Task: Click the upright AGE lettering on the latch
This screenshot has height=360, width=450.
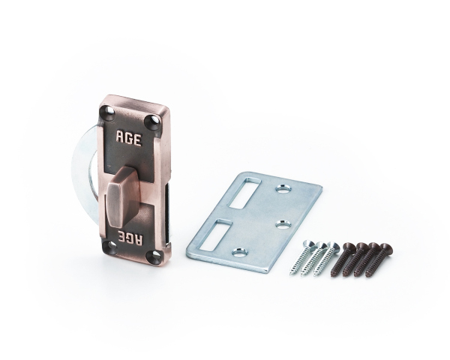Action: coord(128,138)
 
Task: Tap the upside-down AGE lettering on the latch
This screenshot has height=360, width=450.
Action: coord(130,237)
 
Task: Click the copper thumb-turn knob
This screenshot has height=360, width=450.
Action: coord(119,197)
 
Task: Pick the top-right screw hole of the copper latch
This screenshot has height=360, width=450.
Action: coord(153,121)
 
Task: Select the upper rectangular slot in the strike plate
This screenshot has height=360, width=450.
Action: coord(244,193)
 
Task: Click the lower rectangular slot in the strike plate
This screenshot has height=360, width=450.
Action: coord(216,235)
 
